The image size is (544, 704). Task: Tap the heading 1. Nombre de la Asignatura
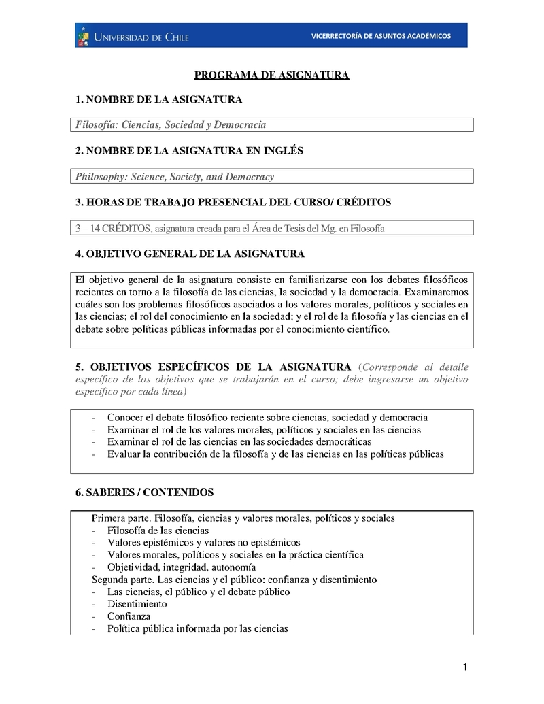pos(158,100)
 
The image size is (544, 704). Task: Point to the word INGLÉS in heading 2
pos(280,150)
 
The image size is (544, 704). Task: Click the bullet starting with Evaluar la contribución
pos(275,454)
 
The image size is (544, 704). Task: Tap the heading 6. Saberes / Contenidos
pos(145,492)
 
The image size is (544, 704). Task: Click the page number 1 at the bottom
pos(464,667)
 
